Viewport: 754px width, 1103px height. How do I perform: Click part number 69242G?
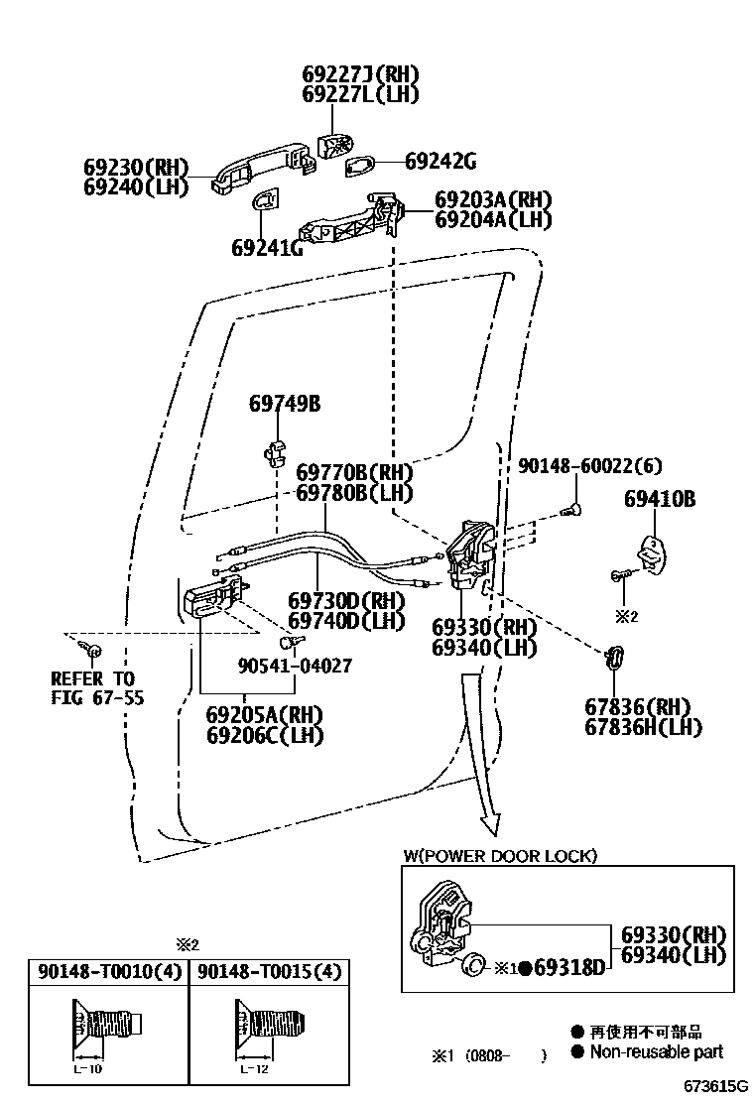[x=440, y=161]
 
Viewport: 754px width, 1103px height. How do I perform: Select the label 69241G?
[x=267, y=247]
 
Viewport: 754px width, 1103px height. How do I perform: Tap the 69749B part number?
[x=284, y=404]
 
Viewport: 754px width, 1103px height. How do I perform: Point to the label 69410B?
[x=660, y=500]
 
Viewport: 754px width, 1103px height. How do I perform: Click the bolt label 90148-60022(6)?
[x=589, y=465]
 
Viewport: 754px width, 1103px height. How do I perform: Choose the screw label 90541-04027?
[x=294, y=666]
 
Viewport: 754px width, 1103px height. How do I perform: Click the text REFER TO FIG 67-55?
[x=97, y=688]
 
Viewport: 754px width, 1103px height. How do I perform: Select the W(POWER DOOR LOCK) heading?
[x=500, y=856]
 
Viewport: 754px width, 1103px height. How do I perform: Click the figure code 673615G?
[x=713, y=1087]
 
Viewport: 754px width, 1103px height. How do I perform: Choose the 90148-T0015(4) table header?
[x=270, y=972]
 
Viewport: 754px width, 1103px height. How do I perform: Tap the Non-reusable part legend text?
[x=656, y=1051]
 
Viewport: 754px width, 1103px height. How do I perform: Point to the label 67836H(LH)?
[x=644, y=727]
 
